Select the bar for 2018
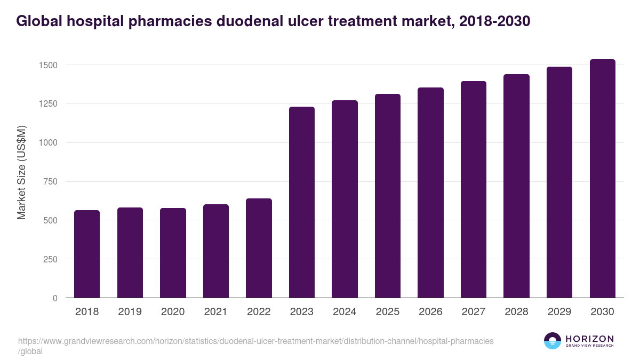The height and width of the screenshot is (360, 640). pyautogui.click(x=87, y=254)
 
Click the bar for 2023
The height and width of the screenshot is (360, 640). pyautogui.click(x=301, y=203)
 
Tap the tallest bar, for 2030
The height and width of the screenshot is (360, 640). pyautogui.click(x=602, y=179)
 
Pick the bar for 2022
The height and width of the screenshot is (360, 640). pyautogui.click(x=259, y=248)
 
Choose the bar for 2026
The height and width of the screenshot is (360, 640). pyautogui.click(x=430, y=193)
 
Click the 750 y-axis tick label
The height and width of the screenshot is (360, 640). pyautogui.click(x=51, y=182)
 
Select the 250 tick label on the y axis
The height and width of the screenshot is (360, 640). pyautogui.click(x=51, y=259)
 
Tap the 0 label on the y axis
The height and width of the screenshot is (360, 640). pyautogui.click(x=55, y=298)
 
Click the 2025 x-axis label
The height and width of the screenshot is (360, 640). pyautogui.click(x=387, y=312)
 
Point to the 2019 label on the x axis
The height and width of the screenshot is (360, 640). pyautogui.click(x=130, y=312)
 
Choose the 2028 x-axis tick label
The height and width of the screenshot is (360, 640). pyautogui.click(x=516, y=312)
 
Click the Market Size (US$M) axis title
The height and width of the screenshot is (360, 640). pyautogui.click(x=21, y=172)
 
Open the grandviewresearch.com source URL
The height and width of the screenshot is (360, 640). pyautogui.click(x=256, y=341)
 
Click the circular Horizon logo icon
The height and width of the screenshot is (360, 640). pyautogui.click(x=553, y=341)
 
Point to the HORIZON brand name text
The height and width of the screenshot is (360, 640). pyautogui.click(x=589, y=338)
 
